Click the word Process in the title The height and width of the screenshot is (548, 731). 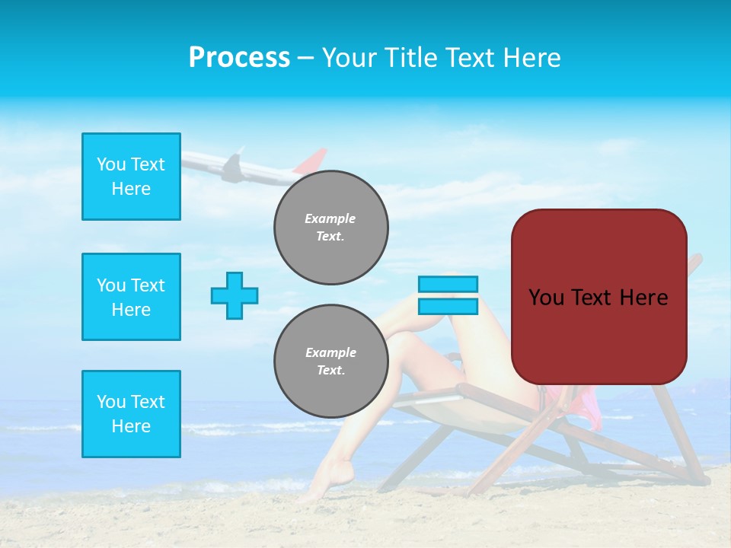(x=239, y=58)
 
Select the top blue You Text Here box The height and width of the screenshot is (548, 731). (x=131, y=177)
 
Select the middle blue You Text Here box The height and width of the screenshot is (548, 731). (x=131, y=297)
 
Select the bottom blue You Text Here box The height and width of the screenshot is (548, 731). (x=131, y=414)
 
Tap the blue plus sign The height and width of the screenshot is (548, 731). (x=235, y=295)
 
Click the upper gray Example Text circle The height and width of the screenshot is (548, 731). (x=331, y=228)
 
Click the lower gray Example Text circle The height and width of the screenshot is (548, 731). (x=331, y=362)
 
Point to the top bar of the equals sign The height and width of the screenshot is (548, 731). (x=448, y=284)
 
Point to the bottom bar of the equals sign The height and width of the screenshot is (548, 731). (x=448, y=306)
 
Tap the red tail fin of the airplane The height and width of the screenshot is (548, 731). (x=311, y=161)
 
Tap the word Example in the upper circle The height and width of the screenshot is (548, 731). (x=330, y=218)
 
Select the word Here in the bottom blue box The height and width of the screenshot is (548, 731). (x=131, y=426)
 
